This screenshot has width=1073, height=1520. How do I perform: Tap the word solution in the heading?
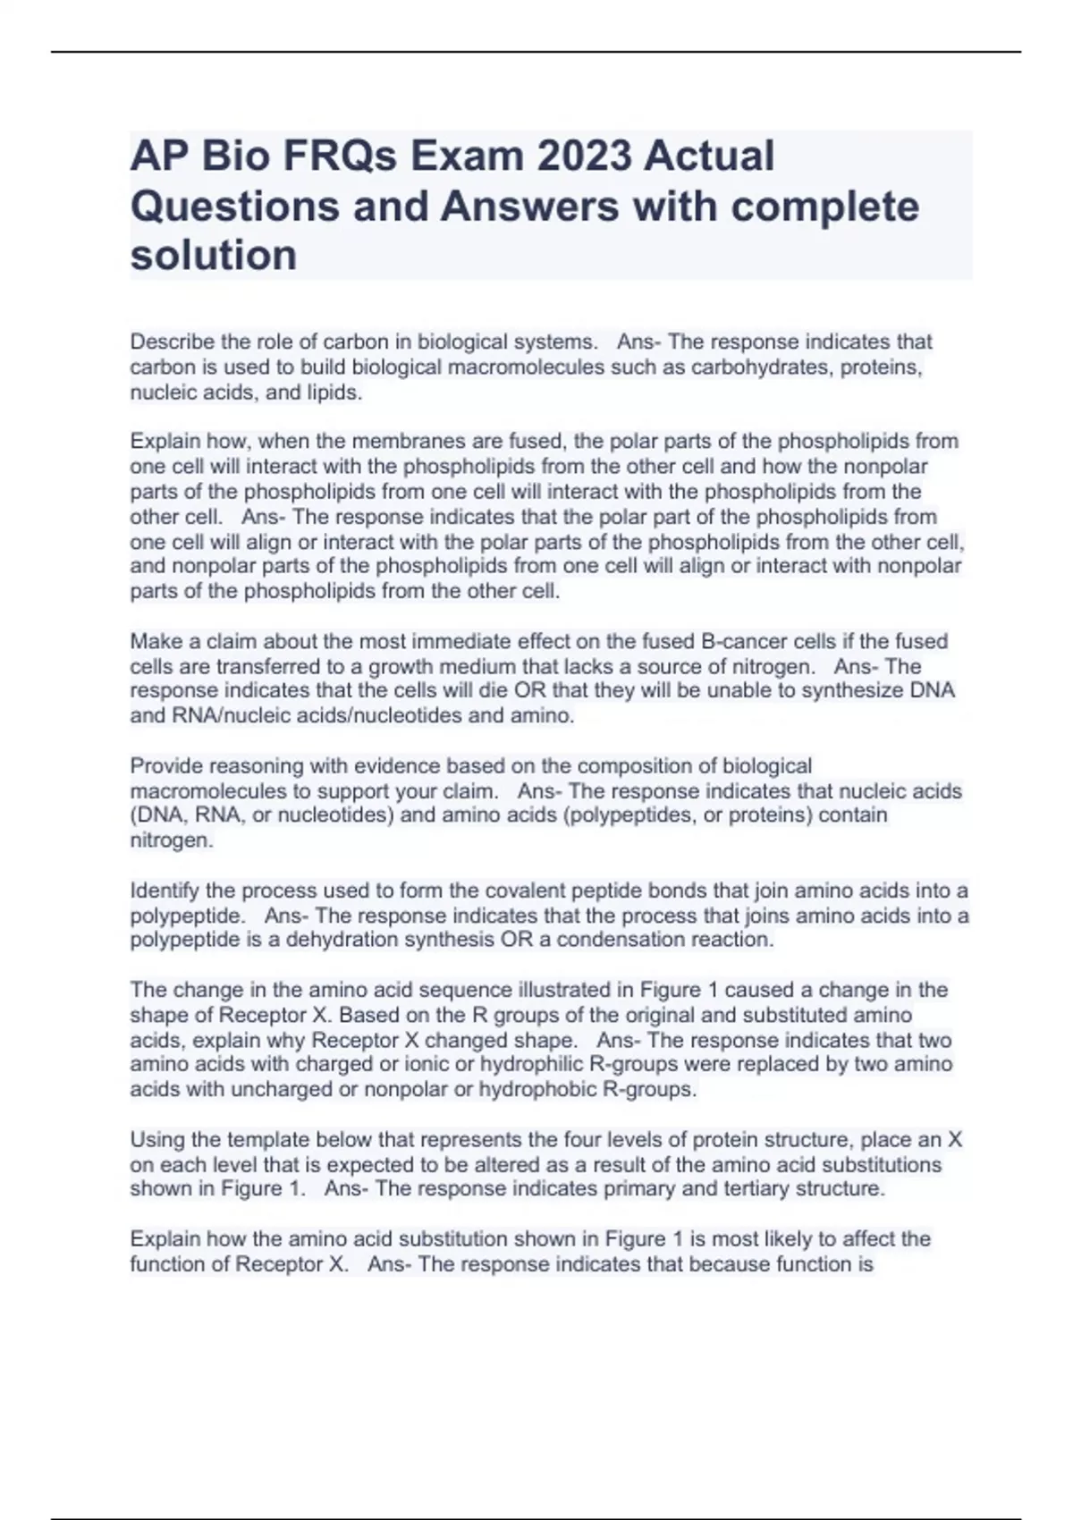(x=214, y=256)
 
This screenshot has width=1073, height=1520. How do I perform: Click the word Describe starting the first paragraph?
(x=172, y=342)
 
